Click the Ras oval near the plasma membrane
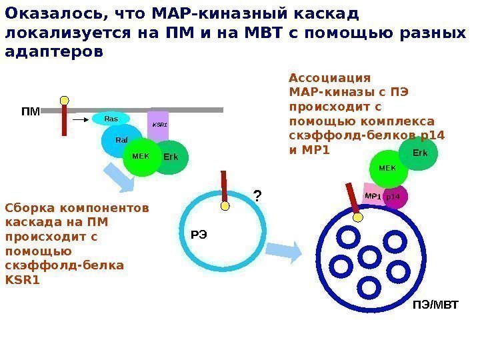point(111,119)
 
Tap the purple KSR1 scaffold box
point(159,125)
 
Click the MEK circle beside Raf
point(141,157)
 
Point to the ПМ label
point(30,111)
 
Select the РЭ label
point(199,235)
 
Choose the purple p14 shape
point(393,197)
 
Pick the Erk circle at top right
point(419,154)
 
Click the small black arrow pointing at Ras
point(81,119)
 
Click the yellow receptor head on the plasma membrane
point(65,101)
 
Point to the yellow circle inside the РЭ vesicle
point(225,207)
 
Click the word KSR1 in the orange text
point(22,280)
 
